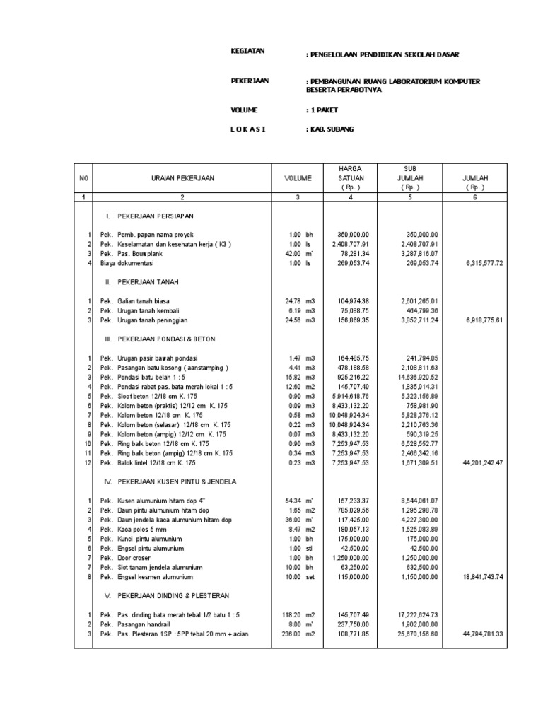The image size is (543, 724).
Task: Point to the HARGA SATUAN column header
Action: coord(351,179)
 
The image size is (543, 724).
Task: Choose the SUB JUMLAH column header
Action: coord(410,179)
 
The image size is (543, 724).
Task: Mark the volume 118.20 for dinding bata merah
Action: coord(291,616)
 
